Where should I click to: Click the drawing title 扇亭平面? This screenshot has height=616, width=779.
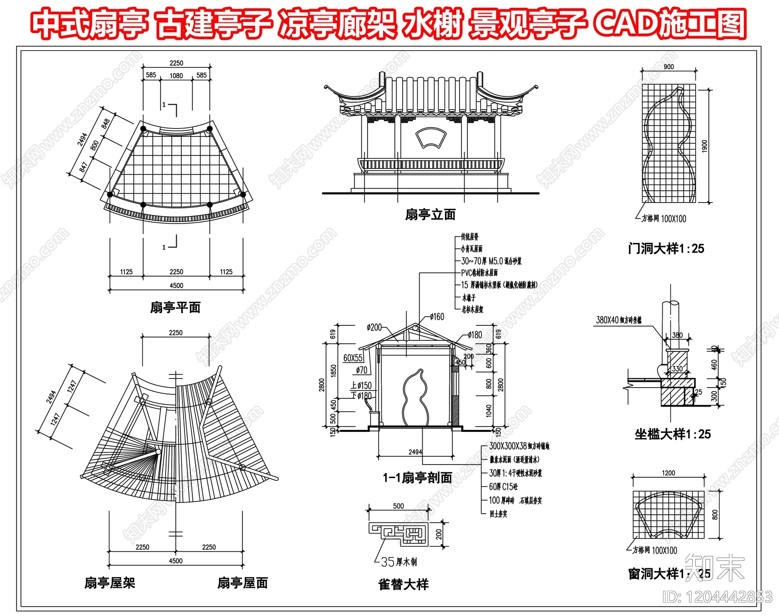pos(175,308)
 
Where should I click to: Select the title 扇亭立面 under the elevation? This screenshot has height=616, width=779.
pos(430,215)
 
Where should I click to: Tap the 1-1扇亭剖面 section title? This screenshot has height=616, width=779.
pos(417,478)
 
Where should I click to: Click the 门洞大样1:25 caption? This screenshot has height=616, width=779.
pos(666,249)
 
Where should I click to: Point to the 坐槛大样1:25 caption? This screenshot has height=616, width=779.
pos(672,434)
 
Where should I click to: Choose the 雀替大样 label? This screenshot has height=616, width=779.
pos(403,584)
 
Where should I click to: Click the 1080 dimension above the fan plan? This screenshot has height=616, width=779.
pos(176,75)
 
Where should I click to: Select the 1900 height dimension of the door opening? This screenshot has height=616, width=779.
pos(705,146)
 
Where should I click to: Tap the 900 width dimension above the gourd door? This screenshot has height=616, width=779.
pos(668,67)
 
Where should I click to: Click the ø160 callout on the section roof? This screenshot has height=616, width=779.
pos(437,317)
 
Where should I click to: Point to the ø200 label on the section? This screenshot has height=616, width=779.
pos(374,327)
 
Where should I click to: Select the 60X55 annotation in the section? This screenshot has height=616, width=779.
pos(353,358)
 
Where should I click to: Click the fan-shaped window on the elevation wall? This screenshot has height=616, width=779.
pos(430,137)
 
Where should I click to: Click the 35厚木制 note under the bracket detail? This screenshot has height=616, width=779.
pos(399,562)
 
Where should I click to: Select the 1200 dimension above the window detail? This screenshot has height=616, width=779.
pos(668,473)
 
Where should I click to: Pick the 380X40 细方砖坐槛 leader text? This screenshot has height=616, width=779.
pos(619,320)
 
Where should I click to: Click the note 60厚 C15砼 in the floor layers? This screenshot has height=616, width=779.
pos(503,486)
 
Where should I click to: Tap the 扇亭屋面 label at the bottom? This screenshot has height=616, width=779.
pos(242,583)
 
